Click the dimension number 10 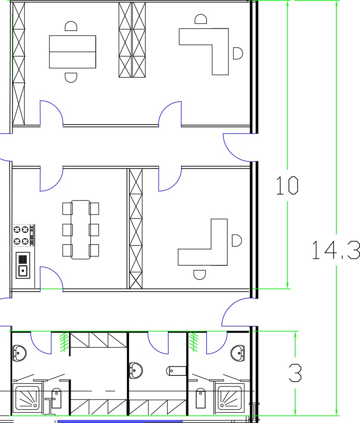click(x=287, y=186)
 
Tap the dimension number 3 click(x=295, y=373)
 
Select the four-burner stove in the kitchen click(x=24, y=235)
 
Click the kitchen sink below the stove click(x=23, y=265)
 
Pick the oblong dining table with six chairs click(x=81, y=230)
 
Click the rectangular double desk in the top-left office click(x=72, y=52)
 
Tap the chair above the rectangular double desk click(x=71, y=26)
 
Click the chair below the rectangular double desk click(x=71, y=77)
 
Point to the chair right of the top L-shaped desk click(x=238, y=53)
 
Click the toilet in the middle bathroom click(x=176, y=371)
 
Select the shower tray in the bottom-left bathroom click(x=27, y=398)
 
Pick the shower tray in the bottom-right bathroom click(x=229, y=398)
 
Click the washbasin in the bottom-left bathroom click(x=19, y=352)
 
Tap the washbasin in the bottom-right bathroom click(x=238, y=352)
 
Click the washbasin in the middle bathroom click(x=136, y=370)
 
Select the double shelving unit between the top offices click(x=132, y=40)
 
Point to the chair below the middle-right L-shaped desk click(x=200, y=275)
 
